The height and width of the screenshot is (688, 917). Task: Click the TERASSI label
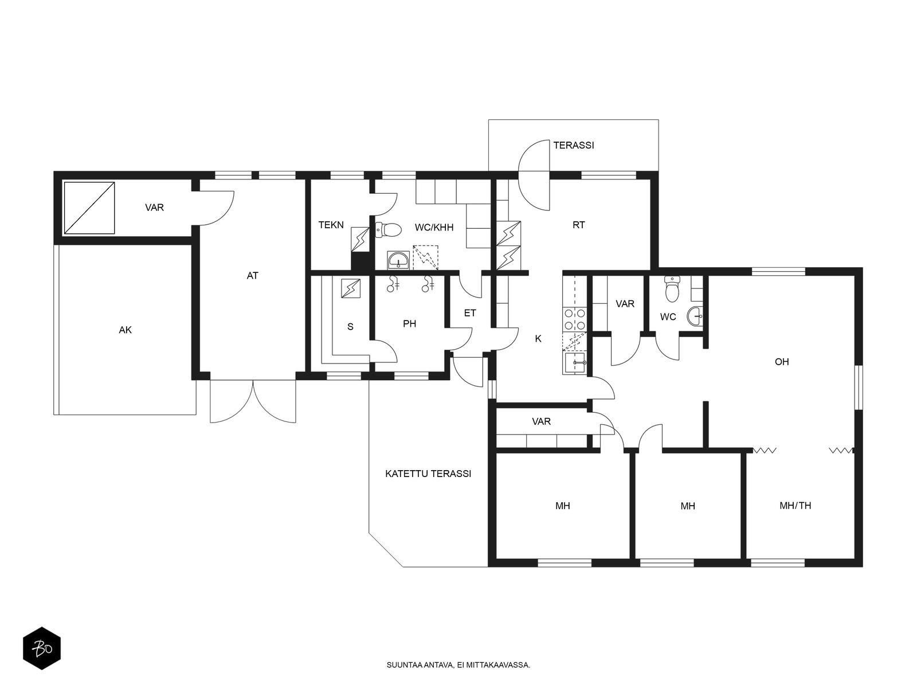pyautogui.click(x=573, y=146)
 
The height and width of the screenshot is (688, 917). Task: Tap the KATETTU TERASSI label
pyautogui.click(x=428, y=474)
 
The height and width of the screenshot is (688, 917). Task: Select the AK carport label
pyautogui.click(x=125, y=330)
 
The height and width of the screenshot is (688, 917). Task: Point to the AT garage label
pyautogui.click(x=252, y=276)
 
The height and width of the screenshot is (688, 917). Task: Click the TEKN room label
pyautogui.click(x=331, y=225)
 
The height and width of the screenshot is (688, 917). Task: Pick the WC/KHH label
pyautogui.click(x=434, y=227)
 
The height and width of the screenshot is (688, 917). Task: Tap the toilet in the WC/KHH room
pyautogui.click(x=389, y=229)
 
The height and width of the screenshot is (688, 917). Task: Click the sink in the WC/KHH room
pyautogui.click(x=398, y=260)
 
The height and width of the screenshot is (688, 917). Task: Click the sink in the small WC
pyautogui.click(x=695, y=316)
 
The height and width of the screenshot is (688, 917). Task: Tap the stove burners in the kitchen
pyautogui.click(x=574, y=319)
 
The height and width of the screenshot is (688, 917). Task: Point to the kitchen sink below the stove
pyautogui.click(x=574, y=362)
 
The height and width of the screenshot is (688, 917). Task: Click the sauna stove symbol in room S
pyautogui.click(x=351, y=288)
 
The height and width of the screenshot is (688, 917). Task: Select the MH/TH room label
pyautogui.click(x=795, y=506)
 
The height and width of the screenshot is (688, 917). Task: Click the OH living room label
pyautogui.click(x=782, y=362)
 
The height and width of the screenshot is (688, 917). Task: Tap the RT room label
pyautogui.click(x=579, y=225)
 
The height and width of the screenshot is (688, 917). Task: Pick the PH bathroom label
pyautogui.click(x=409, y=324)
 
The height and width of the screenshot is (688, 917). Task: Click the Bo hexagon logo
pyautogui.click(x=42, y=648)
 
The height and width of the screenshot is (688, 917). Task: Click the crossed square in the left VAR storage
pyautogui.click(x=89, y=208)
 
